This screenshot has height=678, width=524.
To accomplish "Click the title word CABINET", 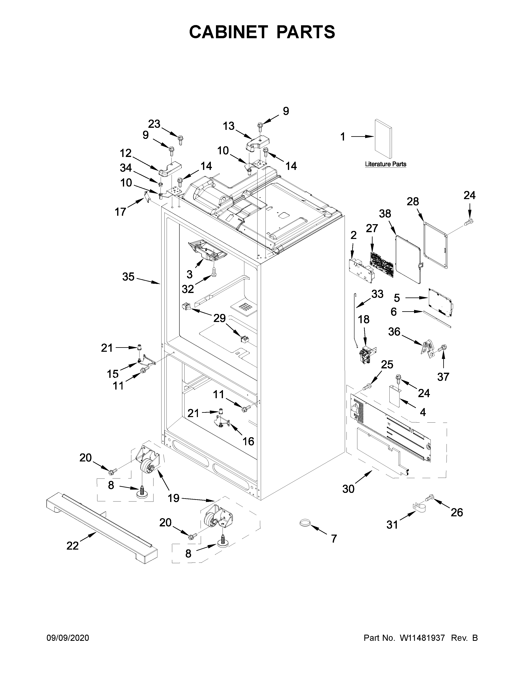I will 229,32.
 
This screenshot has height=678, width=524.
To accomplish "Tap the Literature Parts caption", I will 385,164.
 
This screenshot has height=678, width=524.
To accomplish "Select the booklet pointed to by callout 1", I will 383,139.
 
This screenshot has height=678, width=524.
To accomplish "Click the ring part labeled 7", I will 305,523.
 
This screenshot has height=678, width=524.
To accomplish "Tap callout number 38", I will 385,214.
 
